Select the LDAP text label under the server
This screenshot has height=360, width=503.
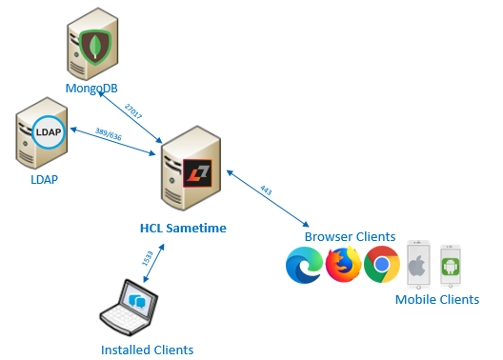coord(43,178)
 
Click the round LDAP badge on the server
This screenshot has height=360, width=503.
coord(47,132)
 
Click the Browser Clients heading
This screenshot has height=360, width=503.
coord(349,236)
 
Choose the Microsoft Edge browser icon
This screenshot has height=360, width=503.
coord(304,265)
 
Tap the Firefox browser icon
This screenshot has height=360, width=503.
coord(343,265)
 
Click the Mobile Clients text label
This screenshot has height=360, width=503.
coord(437,300)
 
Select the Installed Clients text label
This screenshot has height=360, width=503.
coord(147,350)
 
